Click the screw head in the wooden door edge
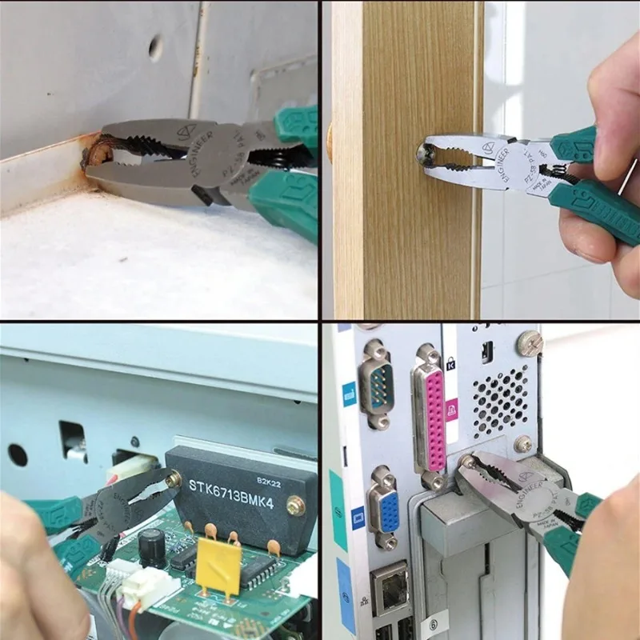422,150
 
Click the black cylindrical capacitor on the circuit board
151,549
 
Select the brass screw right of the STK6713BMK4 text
297,506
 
